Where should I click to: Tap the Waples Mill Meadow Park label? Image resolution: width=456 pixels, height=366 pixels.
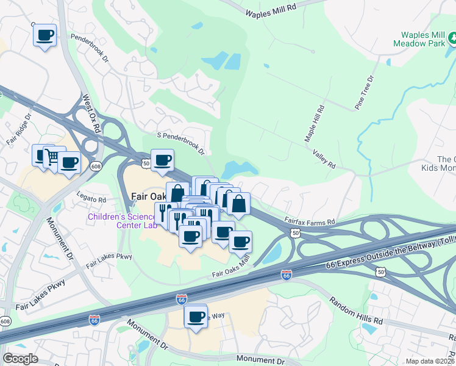pos(422,41)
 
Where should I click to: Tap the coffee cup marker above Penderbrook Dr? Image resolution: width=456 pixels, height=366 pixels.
pos(45,35)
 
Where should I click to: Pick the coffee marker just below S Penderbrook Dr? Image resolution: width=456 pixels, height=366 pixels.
pos(162,160)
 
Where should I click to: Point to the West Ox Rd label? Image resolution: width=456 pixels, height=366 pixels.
pos(94,110)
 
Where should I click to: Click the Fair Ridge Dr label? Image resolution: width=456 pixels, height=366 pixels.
pos(19,128)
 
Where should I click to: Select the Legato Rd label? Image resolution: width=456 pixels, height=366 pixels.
pos(91,199)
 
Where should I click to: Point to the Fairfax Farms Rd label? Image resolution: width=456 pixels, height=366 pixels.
pos(310,221)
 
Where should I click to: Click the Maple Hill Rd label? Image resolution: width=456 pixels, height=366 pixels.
pos(314,123)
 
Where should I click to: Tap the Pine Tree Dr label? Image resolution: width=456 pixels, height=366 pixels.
pos(365,93)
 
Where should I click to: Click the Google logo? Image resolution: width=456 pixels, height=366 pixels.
pos(20,359)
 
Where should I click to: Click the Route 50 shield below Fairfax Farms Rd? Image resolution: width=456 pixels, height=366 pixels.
pos(295,233)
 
